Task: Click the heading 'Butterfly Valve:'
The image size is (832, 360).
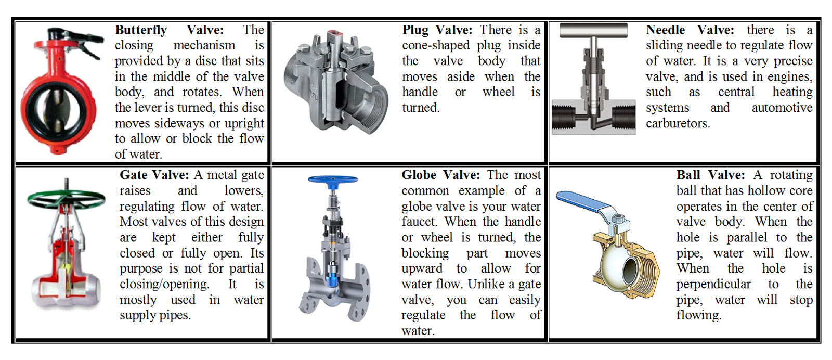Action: click(169, 30)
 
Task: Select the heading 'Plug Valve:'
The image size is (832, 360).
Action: click(437, 30)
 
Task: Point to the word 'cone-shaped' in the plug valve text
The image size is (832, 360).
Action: click(436, 46)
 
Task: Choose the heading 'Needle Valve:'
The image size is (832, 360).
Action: click(690, 30)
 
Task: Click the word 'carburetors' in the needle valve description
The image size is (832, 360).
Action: click(677, 123)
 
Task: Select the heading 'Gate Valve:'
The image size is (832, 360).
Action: click(154, 175)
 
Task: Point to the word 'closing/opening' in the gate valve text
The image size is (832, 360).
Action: click(164, 284)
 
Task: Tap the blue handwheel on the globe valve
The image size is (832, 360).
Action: click(333, 179)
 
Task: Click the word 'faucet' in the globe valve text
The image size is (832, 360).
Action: click(419, 222)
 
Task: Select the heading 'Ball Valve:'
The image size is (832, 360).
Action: click(710, 175)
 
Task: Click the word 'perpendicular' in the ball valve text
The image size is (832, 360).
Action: click(713, 284)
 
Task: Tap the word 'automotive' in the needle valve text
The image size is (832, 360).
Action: click(782, 108)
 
